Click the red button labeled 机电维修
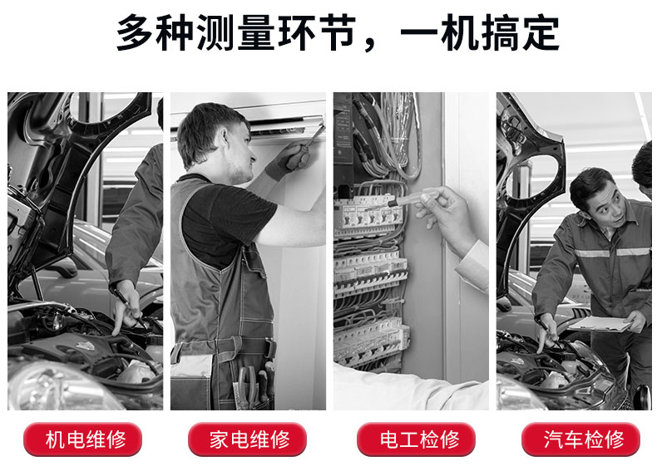(83, 439)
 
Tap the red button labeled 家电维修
(247, 439)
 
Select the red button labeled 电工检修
(416, 439)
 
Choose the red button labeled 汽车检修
(580, 439)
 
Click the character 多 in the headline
(135, 32)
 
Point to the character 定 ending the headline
(541, 32)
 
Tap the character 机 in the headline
(460, 32)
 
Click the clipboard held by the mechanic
(600, 324)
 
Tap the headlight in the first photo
(59, 387)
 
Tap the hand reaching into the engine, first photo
(126, 307)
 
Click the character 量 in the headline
(256, 32)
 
